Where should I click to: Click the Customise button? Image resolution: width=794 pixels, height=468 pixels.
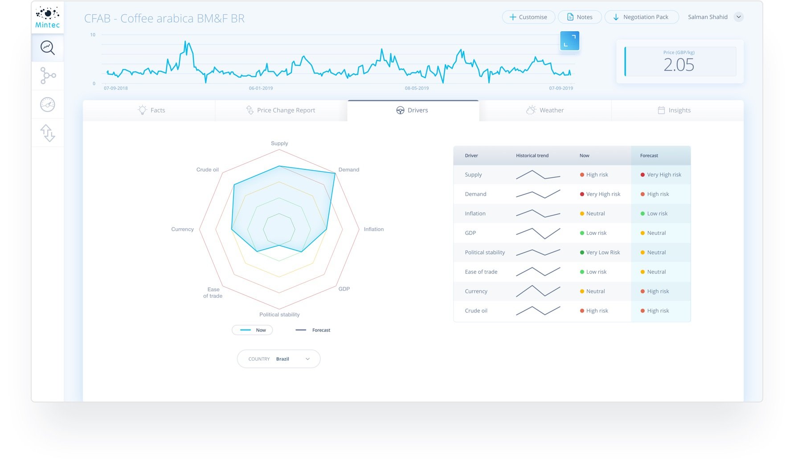click(528, 17)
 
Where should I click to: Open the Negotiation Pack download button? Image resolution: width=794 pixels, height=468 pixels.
click(641, 17)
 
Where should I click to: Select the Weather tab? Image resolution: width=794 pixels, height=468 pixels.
click(545, 110)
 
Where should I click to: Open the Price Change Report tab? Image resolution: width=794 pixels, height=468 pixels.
click(281, 110)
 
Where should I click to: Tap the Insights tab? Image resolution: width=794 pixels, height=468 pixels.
click(674, 110)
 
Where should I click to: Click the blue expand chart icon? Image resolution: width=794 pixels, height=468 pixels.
click(569, 41)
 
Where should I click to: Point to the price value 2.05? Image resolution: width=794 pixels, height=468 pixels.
click(679, 65)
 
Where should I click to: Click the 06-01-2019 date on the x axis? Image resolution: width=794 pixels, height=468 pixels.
click(261, 88)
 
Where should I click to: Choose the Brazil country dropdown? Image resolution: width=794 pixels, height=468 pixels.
click(278, 359)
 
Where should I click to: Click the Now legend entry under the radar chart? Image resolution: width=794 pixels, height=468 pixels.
click(252, 330)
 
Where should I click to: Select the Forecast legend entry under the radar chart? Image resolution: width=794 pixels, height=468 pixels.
click(313, 330)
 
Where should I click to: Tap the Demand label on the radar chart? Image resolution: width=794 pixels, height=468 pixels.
click(348, 170)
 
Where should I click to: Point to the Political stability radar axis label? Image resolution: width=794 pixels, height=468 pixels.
click(279, 315)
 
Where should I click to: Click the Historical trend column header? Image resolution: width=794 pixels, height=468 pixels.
click(532, 156)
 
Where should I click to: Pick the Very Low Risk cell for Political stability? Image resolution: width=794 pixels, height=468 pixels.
click(602, 252)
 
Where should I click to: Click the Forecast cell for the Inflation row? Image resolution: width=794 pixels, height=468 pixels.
click(657, 213)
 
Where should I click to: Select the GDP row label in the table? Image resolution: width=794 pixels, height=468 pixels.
click(470, 233)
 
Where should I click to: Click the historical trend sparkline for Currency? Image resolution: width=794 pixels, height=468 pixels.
click(538, 291)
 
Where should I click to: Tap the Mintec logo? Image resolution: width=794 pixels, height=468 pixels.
click(48, 17)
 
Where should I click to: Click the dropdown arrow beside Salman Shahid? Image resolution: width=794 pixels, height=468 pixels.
click(739, 17)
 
